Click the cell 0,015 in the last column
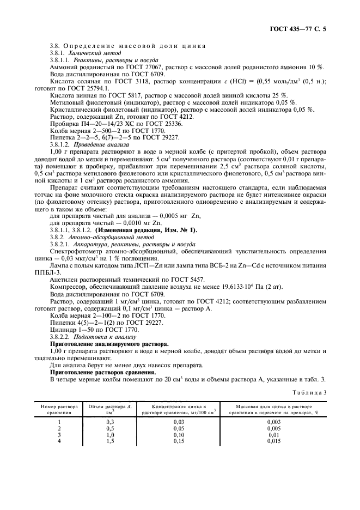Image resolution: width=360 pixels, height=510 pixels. [274, 441]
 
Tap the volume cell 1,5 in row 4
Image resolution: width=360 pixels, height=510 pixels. [110, 441]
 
